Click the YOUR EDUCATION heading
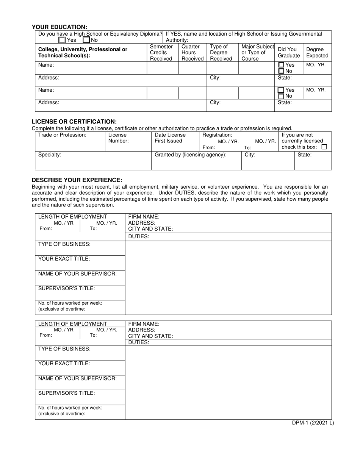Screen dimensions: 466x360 59,27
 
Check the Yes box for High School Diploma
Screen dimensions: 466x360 62,40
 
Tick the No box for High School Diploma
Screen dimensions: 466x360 86,40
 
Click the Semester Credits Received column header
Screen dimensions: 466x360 161,53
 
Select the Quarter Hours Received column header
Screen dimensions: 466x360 192,53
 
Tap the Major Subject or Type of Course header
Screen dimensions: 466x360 257,53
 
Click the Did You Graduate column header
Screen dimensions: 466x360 288,53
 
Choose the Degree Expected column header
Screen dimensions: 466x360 317,53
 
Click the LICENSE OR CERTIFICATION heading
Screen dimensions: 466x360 74,122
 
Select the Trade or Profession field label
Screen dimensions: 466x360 63,135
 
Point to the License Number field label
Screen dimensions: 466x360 118,138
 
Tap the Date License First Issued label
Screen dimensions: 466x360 170,138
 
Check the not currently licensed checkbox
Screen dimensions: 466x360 324,147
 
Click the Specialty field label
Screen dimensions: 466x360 50,155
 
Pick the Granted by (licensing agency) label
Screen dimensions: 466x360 191,155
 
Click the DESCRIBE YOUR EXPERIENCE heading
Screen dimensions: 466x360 77,180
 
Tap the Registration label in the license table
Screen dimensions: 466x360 217,135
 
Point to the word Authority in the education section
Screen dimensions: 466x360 177,40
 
